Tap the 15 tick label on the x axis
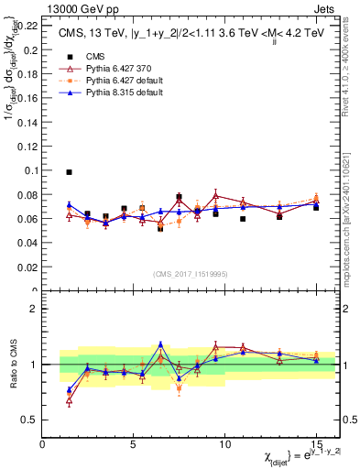pos(316,443)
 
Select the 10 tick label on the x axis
pos(224,443)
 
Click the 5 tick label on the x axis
pos(134,443)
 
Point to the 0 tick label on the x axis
pos(43,443)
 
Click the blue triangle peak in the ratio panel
pos(160,344)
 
